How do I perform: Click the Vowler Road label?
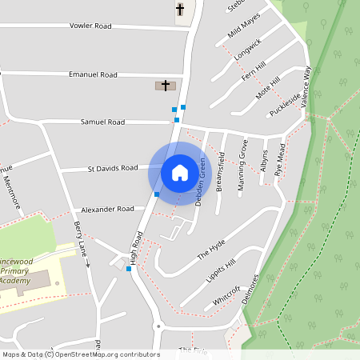point(90,26)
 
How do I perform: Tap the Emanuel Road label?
point(93,74)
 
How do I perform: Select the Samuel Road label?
point(102,122)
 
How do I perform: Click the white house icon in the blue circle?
point(180,172)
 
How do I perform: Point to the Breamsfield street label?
point(221,171)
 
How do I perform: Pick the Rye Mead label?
point(279,160)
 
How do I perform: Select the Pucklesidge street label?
point(285,100)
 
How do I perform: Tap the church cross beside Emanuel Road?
point(166,85)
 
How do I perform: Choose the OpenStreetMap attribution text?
point(80,354)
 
